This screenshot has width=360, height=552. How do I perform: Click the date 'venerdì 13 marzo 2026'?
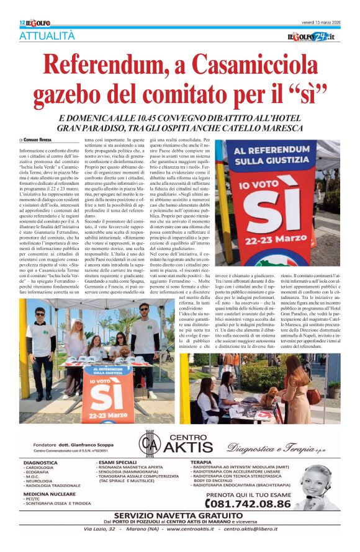[x=315, y=23]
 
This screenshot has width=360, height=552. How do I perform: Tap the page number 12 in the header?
[x=22, y=23]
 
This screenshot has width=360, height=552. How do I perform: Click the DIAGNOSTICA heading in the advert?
[x=41, y=463]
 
